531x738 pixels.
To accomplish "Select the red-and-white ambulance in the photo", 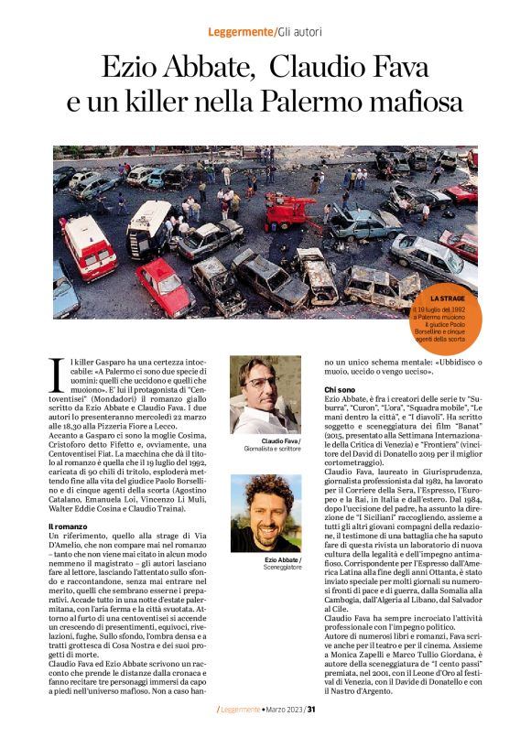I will [88, 245].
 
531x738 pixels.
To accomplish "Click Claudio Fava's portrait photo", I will [265, 395].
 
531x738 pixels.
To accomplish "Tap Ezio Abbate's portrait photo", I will [265, 513].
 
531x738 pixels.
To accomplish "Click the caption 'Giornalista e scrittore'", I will [265, 450].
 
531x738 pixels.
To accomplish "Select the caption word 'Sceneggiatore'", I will [265, 568].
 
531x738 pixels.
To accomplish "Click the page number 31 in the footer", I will [312, 709].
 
